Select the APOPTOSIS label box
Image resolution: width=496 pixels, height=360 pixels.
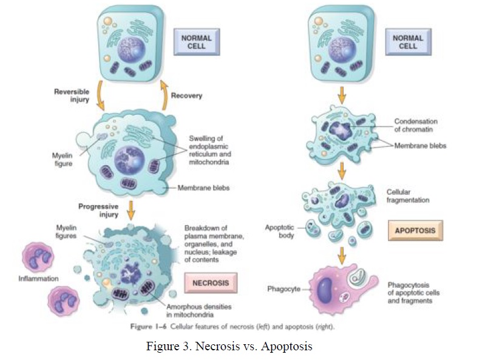pos(415,231)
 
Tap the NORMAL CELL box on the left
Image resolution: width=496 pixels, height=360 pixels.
pos(197,42)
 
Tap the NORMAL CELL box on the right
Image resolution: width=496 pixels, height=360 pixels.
pos(408,41)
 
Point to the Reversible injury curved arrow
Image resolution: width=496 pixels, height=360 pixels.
pos(101,97)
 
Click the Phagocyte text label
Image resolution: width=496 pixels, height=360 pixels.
pos(284,289)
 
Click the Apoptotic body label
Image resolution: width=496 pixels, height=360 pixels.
pos(280,232)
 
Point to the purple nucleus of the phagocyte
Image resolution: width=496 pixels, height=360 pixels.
pos(325,289)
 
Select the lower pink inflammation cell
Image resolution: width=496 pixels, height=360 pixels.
pos(66,301)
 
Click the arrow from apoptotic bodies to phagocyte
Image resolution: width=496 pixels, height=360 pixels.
pos(342,255)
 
